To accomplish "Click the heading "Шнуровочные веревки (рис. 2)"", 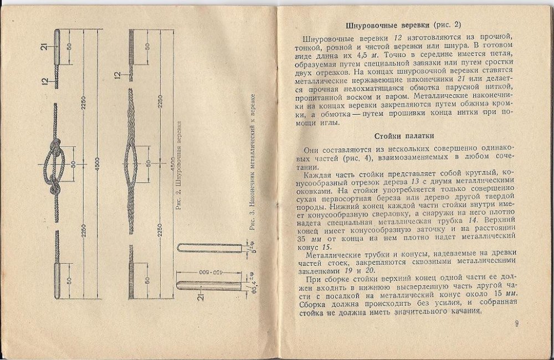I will click(407, 25).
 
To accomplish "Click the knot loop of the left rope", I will click(57, 164).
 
